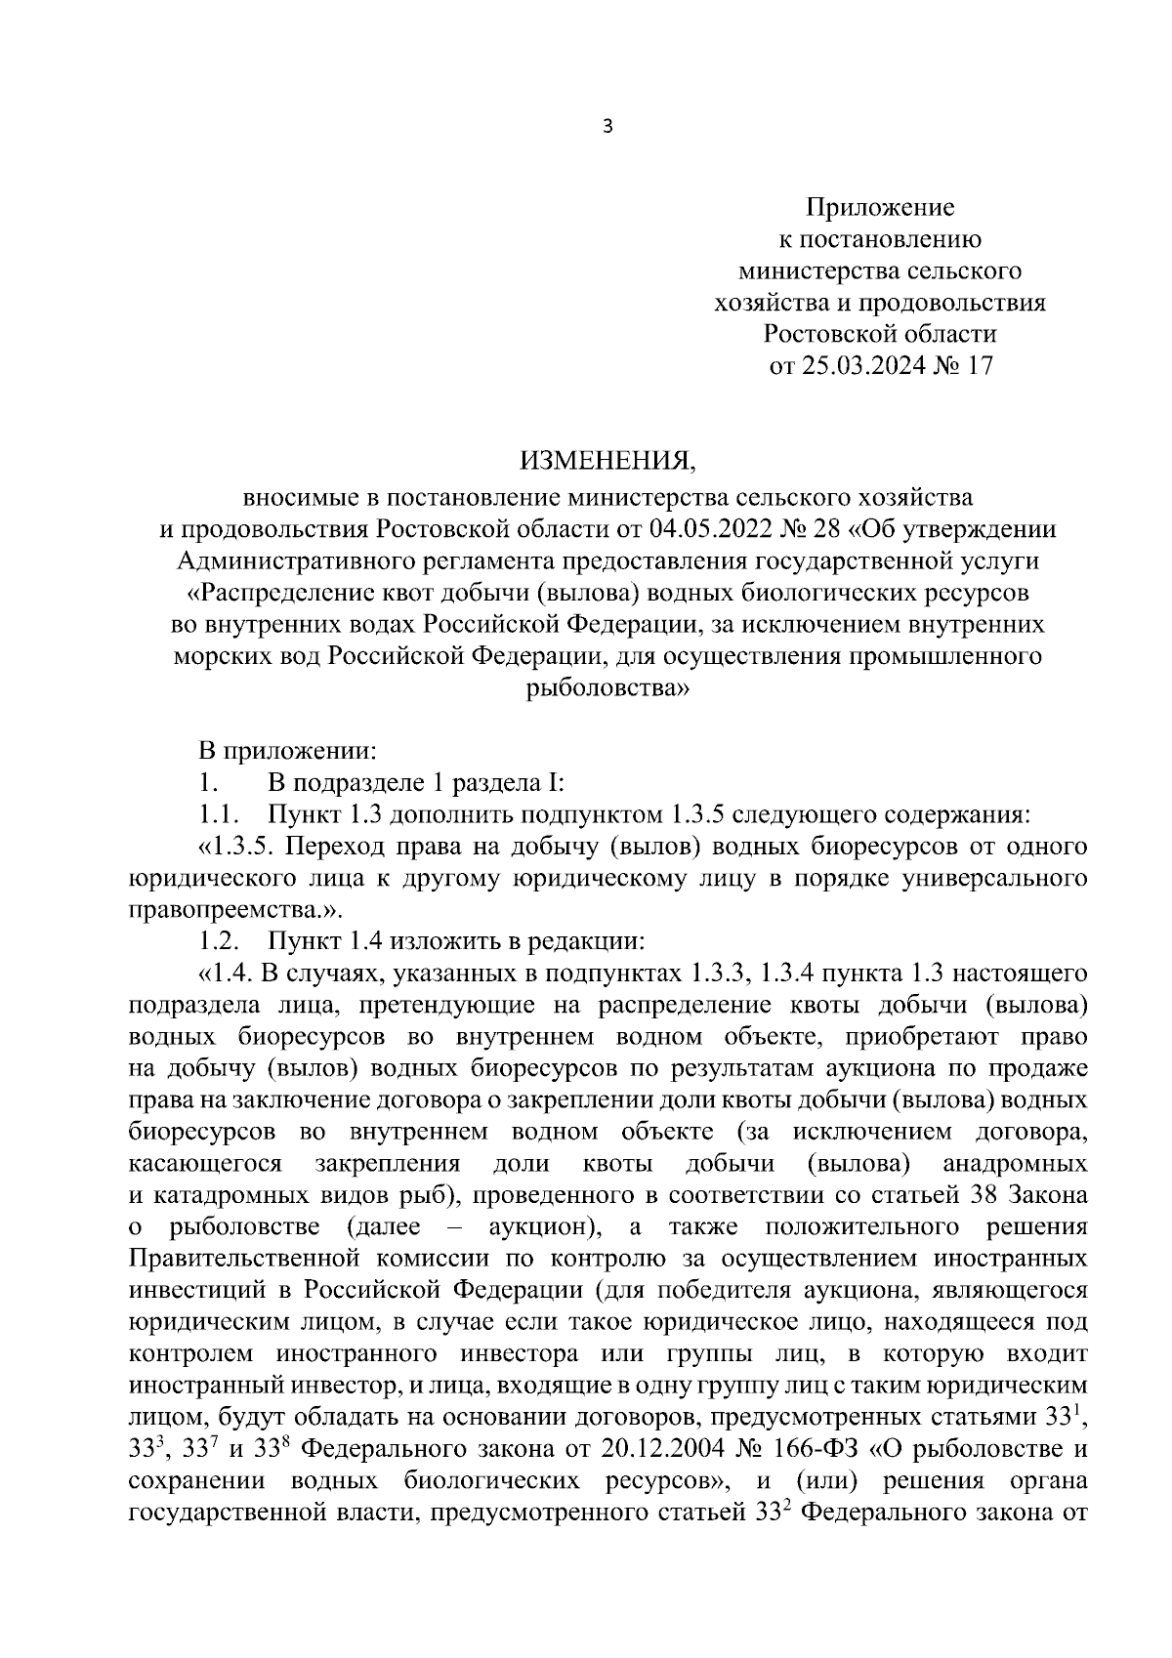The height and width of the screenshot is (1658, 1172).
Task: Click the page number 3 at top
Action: tap(607, 126)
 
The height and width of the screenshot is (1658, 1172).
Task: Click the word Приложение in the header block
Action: tap(879, 207)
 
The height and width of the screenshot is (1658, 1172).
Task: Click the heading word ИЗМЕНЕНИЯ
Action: tap(607, 459)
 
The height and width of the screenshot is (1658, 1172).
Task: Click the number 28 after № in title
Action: tap(828, 529)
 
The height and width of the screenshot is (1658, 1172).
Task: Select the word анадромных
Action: tap(1016, 1164)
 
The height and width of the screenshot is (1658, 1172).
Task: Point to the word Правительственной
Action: tap(241, 1260)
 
